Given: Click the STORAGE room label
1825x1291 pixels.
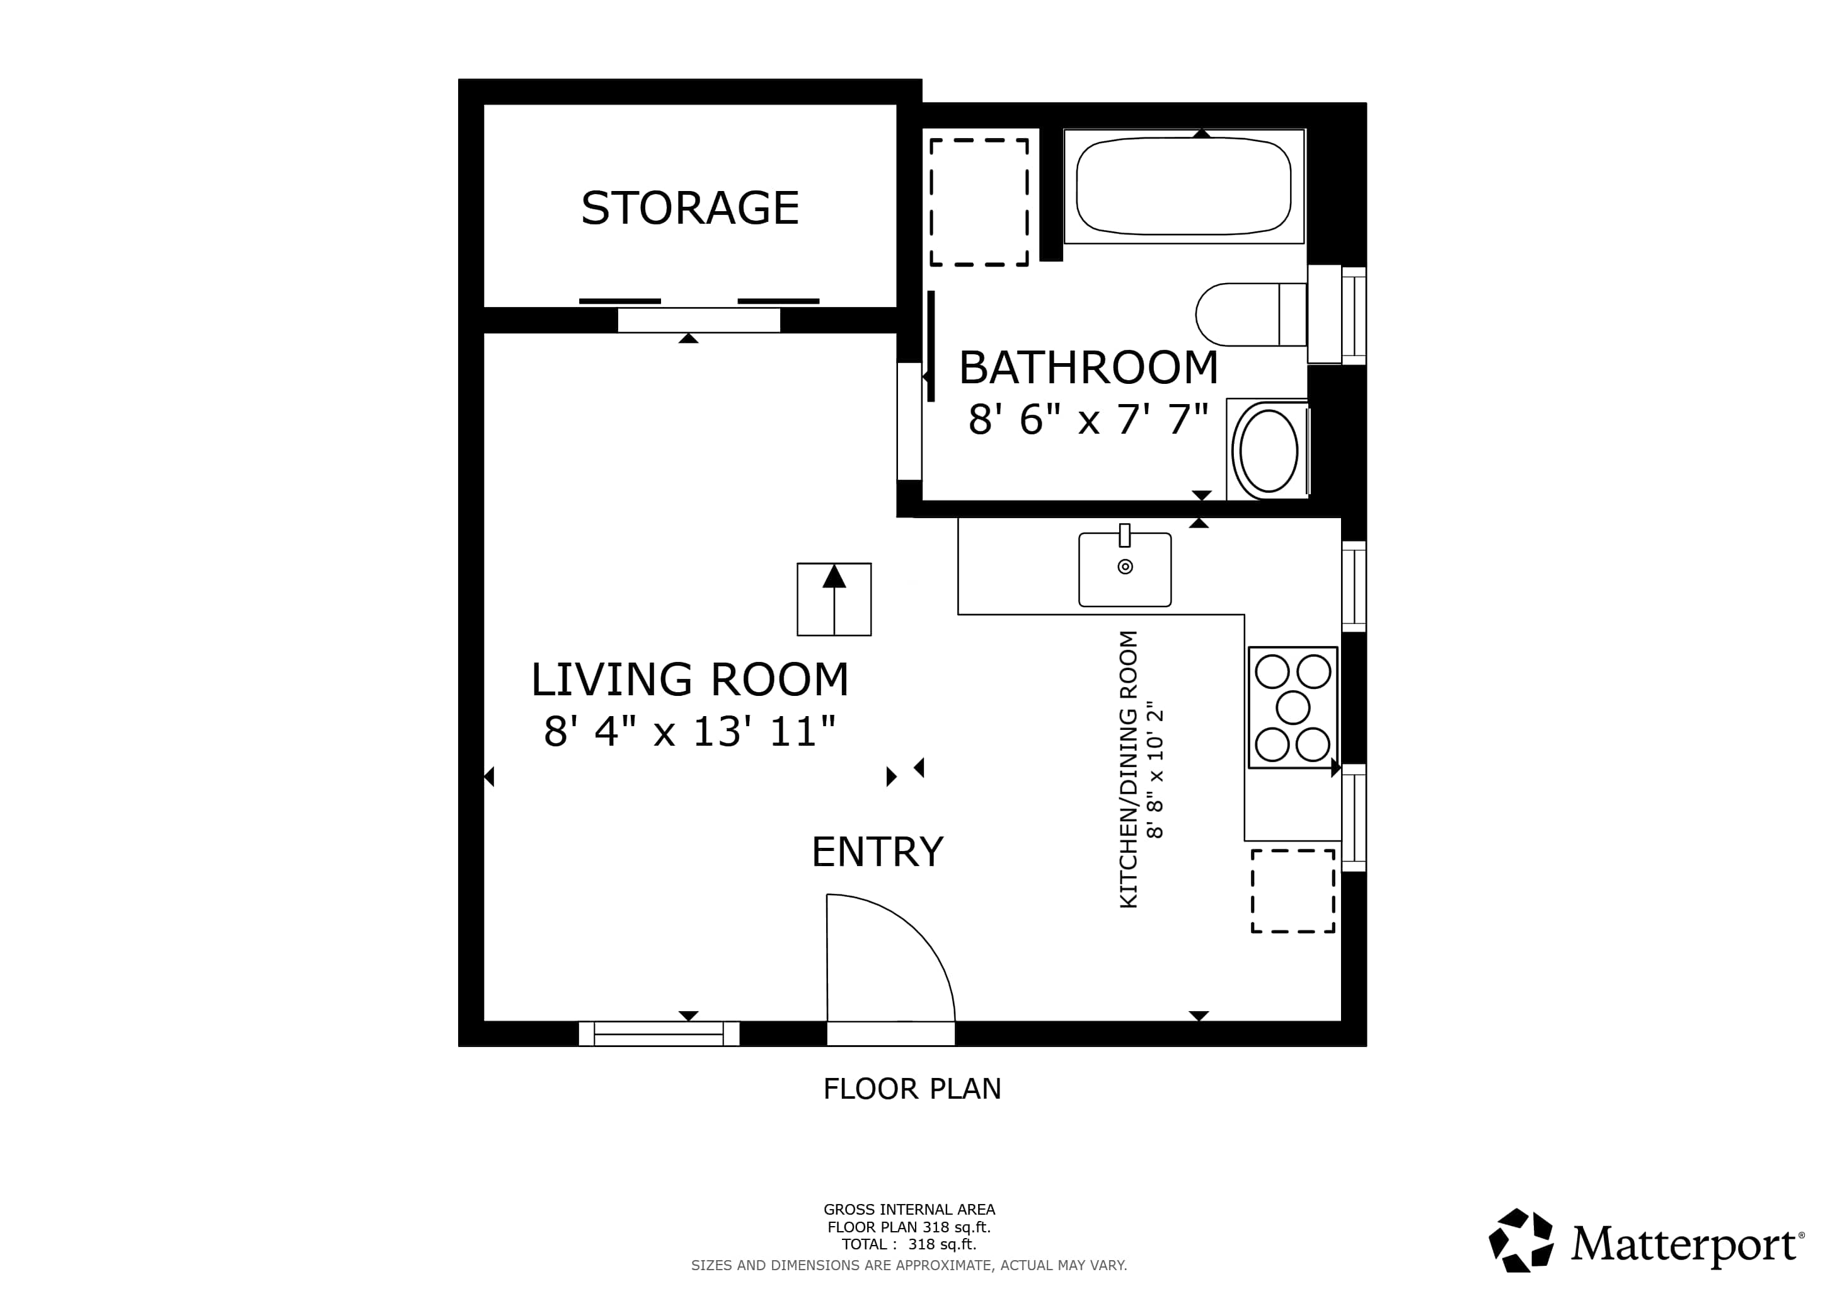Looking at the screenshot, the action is point(690,208).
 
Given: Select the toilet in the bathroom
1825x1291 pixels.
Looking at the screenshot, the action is point(1251,315).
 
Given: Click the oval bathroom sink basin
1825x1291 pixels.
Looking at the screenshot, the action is point(1269,451).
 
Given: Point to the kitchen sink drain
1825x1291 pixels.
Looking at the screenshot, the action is point(1125,567).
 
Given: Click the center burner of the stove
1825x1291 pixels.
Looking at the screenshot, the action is point(1292,707).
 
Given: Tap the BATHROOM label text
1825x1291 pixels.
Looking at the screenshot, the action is point(1088,368).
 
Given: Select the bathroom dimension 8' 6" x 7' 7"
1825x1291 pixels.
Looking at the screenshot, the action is point(1088,419).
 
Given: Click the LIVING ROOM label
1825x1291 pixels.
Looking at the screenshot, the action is point(690,680).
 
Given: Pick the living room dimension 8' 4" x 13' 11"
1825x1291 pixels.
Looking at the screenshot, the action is point(690,731).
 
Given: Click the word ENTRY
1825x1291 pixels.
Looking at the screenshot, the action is point(878,852).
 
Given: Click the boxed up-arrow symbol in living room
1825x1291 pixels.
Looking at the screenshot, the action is point(834,599).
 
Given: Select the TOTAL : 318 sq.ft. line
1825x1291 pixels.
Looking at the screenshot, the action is point(909,1244).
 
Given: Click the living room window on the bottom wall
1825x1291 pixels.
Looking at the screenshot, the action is point(659,1033).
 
